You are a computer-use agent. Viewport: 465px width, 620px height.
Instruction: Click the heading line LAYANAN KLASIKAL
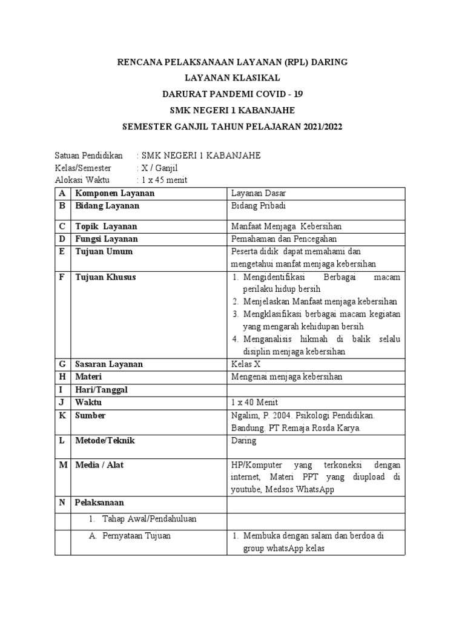(x=232, y=77)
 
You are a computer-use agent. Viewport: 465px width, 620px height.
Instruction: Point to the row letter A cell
(x=62, y=193)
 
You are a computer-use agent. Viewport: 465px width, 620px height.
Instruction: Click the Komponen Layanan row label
(x=114, y=193)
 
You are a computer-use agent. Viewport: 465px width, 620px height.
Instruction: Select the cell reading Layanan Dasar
(x=259, y=193)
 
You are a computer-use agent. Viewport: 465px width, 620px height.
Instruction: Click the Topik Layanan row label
(x=106, y=226)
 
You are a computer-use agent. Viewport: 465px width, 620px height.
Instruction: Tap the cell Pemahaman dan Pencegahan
(x=285, y=239)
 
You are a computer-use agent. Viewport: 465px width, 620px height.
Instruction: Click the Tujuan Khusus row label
(x=105, y=277)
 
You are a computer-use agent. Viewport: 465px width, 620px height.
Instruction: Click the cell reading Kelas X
(x=246, y=364)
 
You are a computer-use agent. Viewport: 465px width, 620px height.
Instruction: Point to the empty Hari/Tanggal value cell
(x=315, y=389)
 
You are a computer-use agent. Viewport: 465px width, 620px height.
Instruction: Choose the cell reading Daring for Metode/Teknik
(x=244, y=441)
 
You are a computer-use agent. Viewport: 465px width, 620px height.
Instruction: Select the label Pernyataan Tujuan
(x=138, y=536)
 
